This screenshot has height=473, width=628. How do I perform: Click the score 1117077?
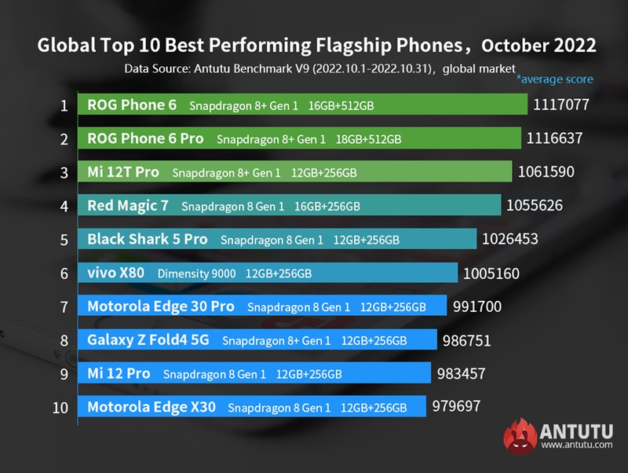coord(560,104)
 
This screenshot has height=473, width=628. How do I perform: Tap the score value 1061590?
coord(547,172)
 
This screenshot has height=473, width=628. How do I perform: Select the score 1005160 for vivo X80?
coord(491,273)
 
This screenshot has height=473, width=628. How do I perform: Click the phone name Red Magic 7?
coord(129,206)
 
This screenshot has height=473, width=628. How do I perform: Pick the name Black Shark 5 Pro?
coord(148,239)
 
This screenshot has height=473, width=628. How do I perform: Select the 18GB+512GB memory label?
coord(370,139)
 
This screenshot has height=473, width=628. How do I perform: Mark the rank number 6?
coord(64,273)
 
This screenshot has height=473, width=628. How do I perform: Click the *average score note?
coord(554,79)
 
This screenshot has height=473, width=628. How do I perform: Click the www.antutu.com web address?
coord(577,445)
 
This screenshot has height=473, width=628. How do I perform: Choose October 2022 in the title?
coord(539,46)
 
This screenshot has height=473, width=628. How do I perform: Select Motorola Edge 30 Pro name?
coord(161,306)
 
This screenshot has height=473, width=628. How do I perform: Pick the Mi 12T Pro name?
coord(123,172)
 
